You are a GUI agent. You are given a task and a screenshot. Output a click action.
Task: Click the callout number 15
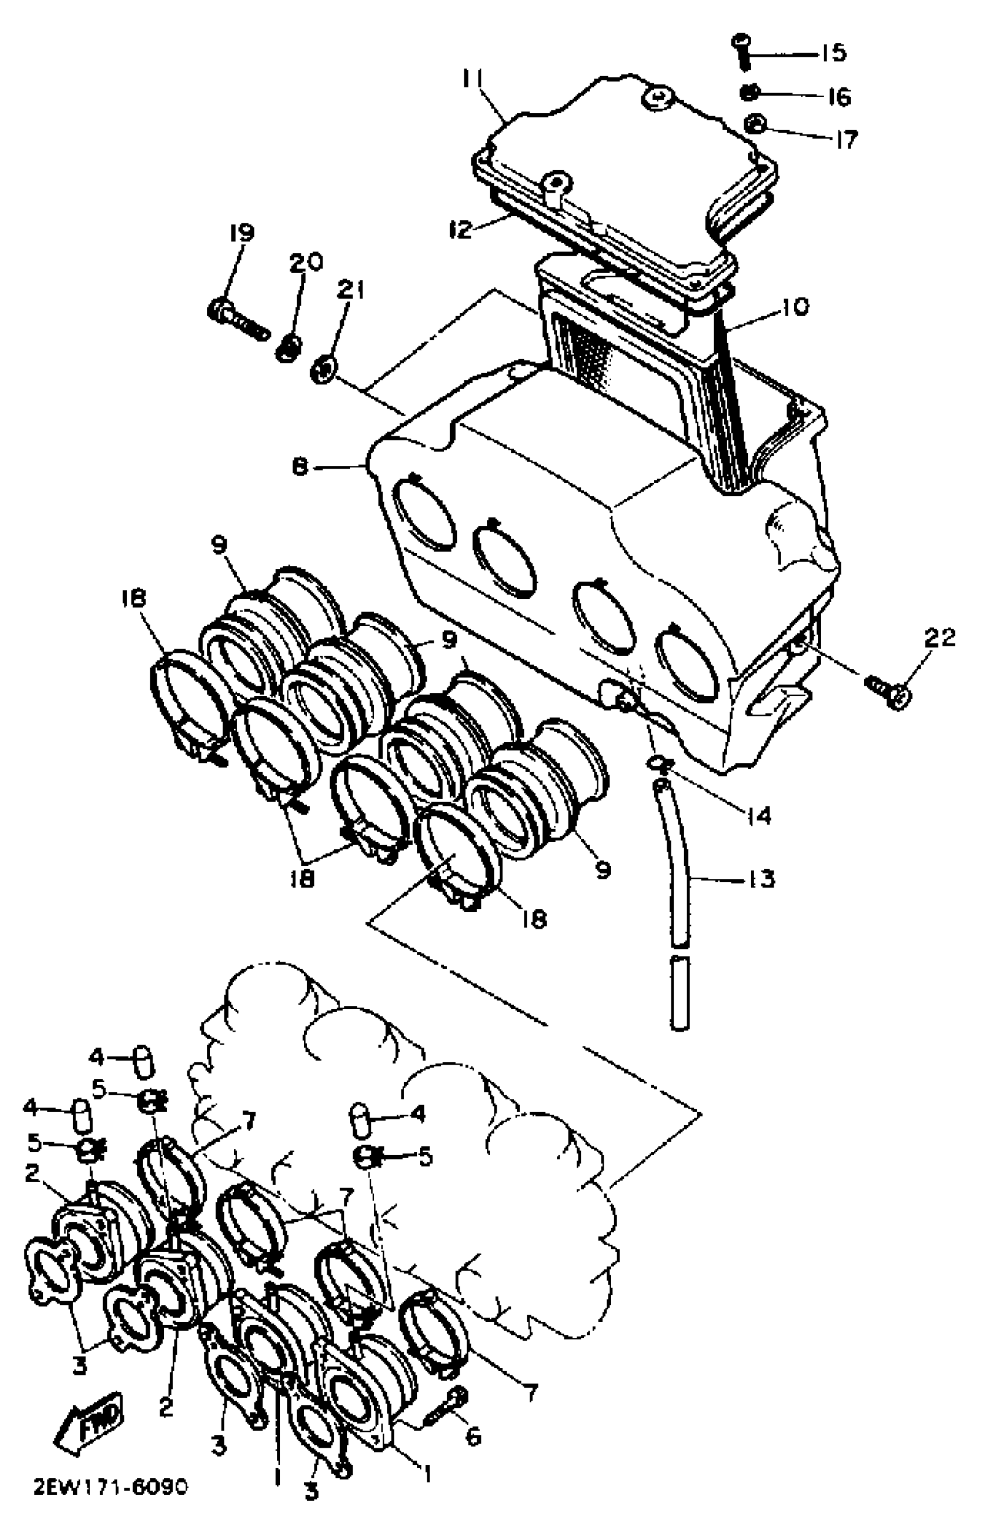click(x=832, y=53)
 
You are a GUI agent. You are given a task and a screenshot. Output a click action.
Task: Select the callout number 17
click(x=847, y=139)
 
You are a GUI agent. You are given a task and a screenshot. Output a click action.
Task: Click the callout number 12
click(x=460, y=228)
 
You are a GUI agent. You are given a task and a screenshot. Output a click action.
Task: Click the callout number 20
click(x=306, y=262)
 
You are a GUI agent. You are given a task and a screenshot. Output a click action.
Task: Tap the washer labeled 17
click(x=756, y=122)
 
